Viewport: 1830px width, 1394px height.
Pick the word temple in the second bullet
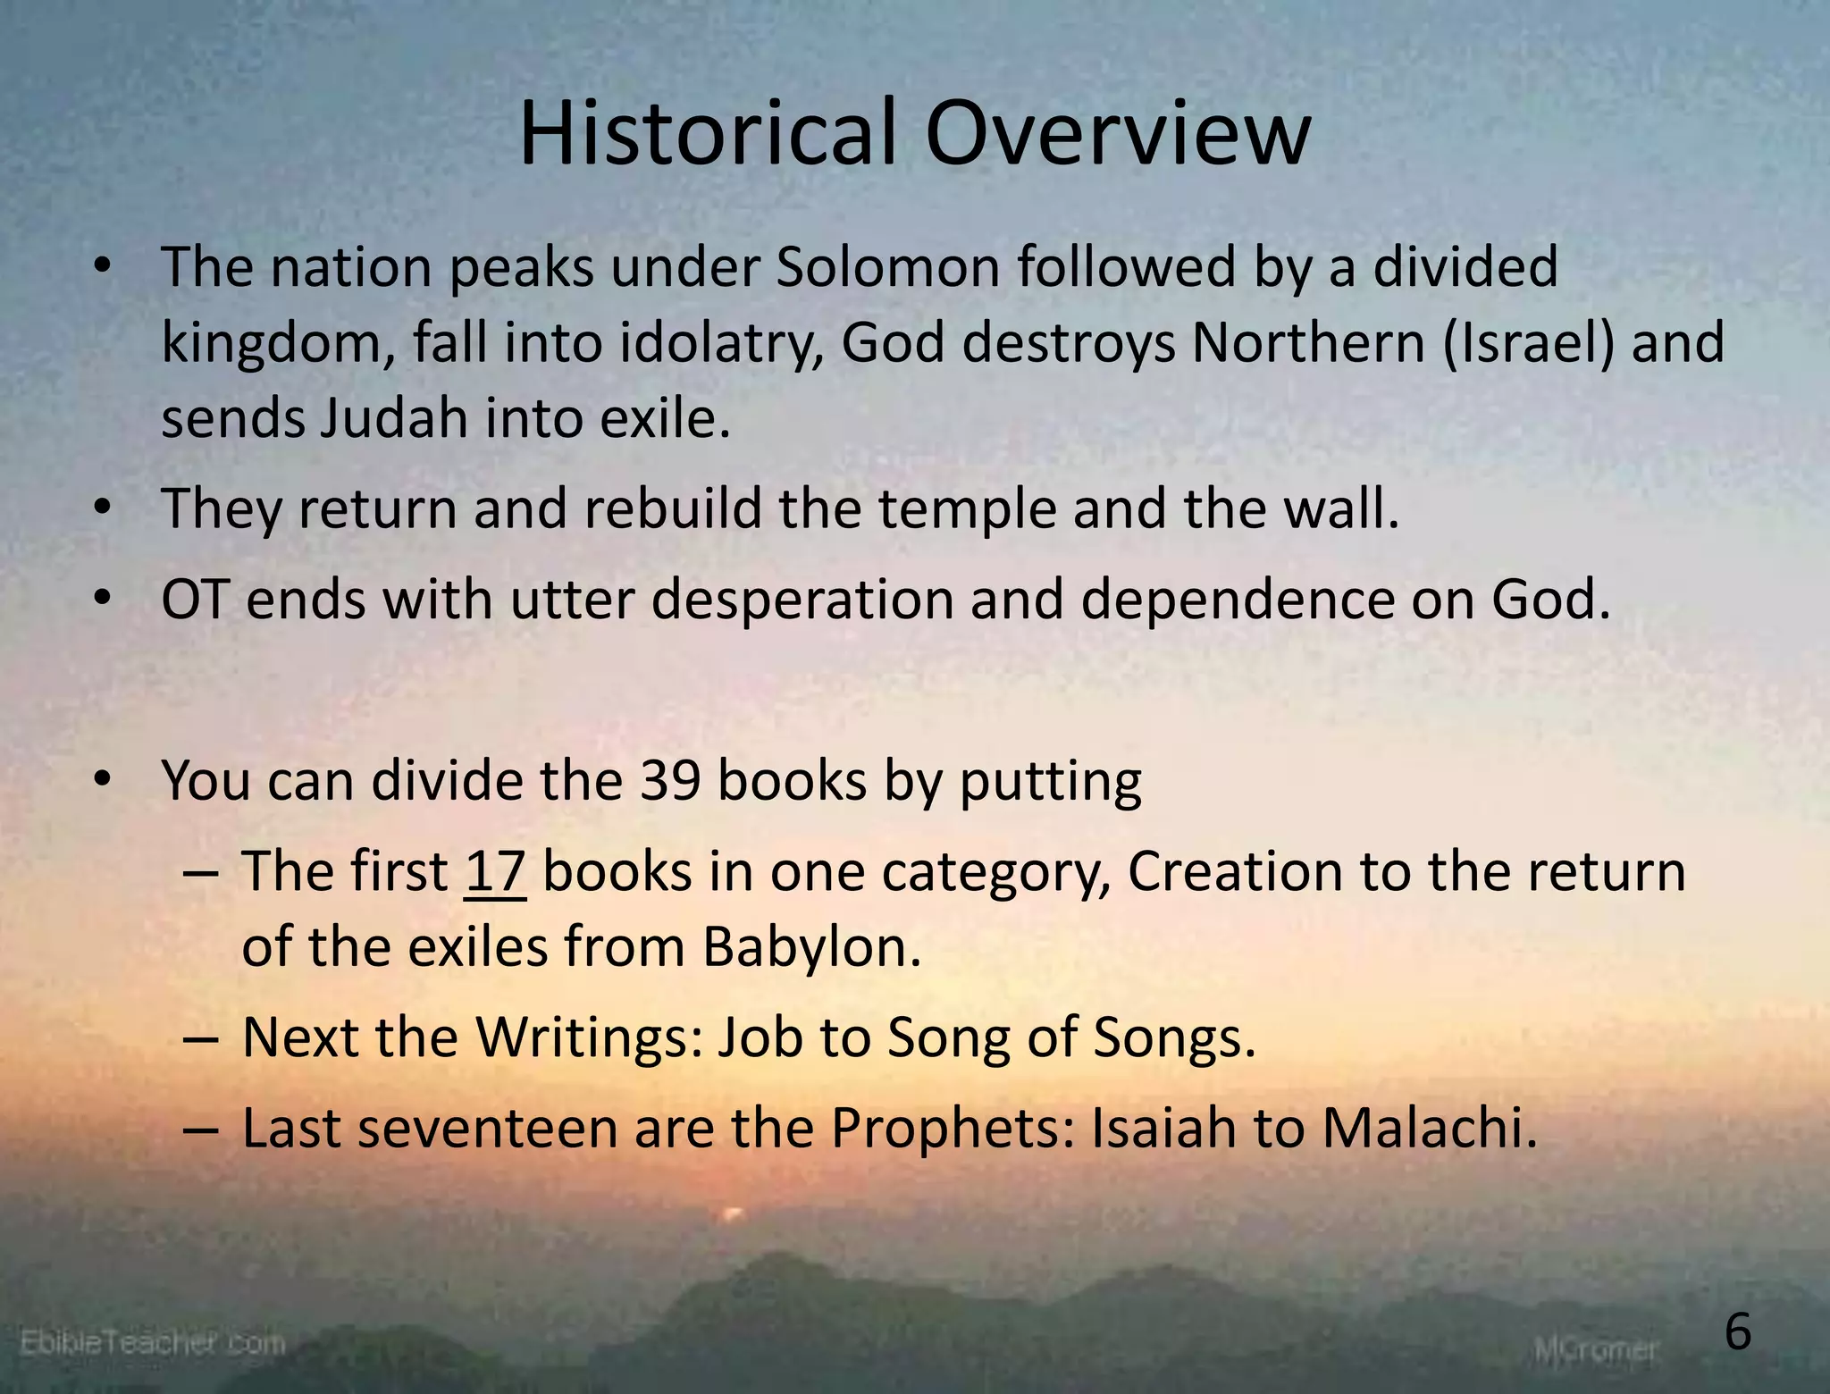966,508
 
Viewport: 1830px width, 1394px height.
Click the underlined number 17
495,871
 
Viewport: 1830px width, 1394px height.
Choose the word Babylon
811,946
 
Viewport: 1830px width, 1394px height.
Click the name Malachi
1430,1128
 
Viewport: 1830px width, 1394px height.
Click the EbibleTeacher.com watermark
152,1342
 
